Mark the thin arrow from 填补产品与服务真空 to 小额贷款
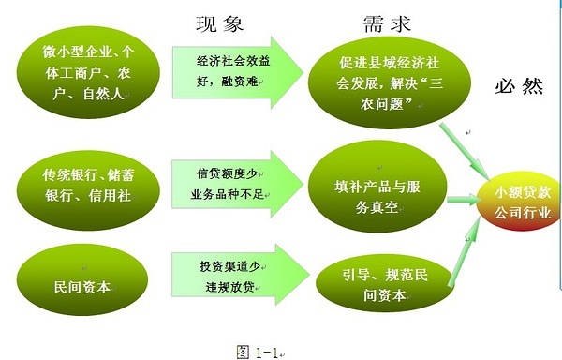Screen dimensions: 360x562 (x=465, y=199)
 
